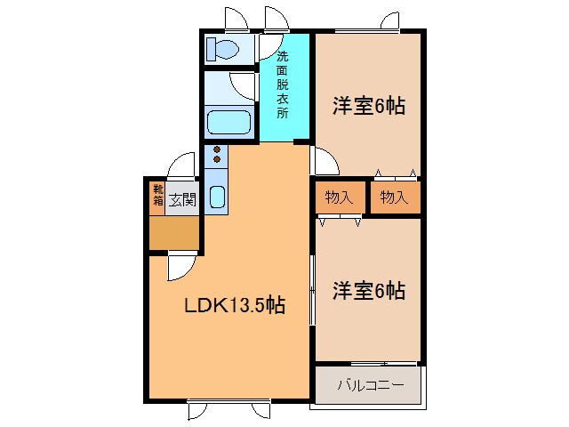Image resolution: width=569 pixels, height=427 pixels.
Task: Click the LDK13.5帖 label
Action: pos(234,306)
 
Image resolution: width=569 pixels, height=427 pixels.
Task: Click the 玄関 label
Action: pos(183,199)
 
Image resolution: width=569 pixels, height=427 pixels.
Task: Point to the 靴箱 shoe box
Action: pos(157,196)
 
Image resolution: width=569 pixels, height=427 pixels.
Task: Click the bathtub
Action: pos(228,122)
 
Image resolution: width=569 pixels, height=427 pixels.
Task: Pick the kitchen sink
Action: pos(216,197)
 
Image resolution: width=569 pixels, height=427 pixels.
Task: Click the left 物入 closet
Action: pos(339,198)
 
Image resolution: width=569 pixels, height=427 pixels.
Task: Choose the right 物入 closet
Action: pos(394,198)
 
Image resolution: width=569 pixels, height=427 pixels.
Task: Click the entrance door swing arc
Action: pos(181,165)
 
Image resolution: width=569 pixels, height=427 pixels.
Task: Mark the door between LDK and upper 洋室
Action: pos(324,161)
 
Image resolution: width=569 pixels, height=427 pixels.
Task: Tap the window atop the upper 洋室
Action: pos(389,21)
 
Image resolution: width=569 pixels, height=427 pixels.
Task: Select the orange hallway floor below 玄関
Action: pos(174,233)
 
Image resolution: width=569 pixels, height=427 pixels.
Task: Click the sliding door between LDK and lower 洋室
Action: pos(312,289)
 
